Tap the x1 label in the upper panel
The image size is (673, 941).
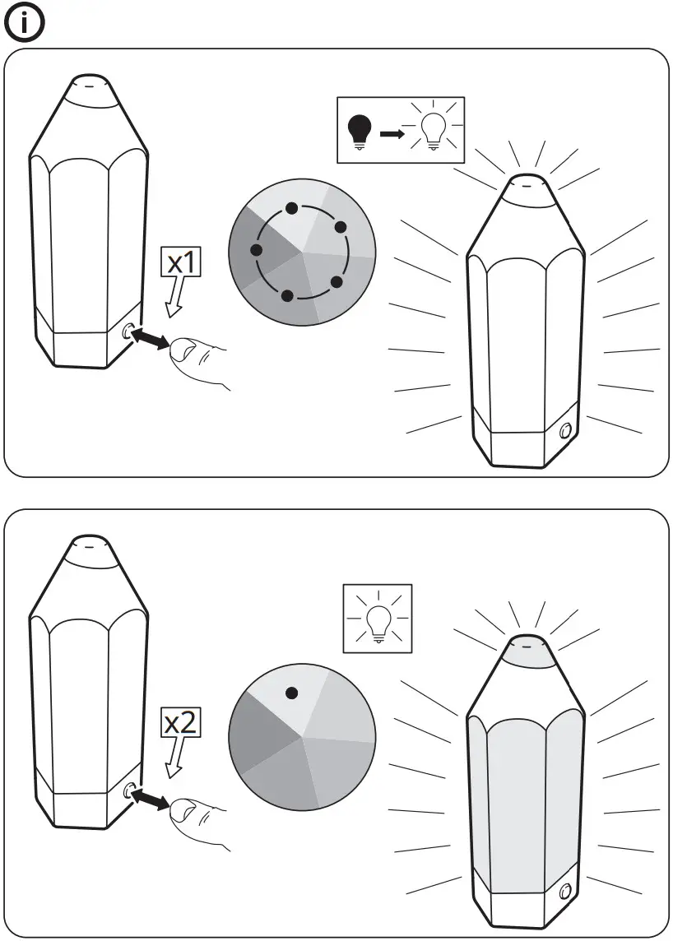tap(180, 263)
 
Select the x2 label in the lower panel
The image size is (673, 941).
tap(180, 723)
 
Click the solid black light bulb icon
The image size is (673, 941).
tap(360, 131)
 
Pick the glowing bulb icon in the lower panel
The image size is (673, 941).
tap(378, 619)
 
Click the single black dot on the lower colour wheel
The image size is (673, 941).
tap(291, 693)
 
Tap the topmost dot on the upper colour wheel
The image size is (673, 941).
tap(291, 208)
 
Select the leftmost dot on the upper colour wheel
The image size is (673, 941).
tap(256, 249)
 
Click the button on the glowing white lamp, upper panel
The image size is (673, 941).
tap(564, 431)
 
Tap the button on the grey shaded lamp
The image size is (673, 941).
tap(564, 891)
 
